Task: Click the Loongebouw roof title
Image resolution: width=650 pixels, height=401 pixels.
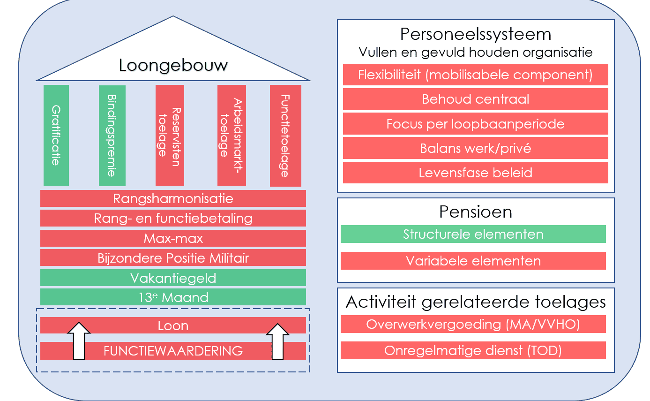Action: (173, 65)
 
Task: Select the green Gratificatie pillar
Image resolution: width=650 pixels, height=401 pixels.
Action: (56, 136)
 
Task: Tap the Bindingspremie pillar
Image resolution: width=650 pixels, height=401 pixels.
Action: (112, 136)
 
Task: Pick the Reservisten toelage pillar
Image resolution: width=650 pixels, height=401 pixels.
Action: (170, 136)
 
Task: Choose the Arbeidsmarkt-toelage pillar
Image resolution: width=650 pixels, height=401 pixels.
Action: (232, 136)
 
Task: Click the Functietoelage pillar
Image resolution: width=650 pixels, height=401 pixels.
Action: (285, 136)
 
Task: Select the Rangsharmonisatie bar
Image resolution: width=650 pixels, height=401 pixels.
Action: (173, 198)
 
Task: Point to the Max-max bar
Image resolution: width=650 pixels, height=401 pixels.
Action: (173, 238)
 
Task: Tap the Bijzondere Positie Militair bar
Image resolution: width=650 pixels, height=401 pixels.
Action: (173, 257)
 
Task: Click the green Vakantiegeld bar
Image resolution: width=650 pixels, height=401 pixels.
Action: (173, 278)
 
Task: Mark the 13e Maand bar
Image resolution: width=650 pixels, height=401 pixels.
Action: (173, 297)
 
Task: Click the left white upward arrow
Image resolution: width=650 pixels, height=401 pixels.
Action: (79, 340)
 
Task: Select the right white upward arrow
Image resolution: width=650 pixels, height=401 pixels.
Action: (278, 341)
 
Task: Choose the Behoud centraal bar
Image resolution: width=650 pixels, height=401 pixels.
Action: (476, 99)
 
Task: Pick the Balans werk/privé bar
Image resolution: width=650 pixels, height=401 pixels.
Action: (476, 148)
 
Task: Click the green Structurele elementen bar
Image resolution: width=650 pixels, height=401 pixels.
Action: (473, 234)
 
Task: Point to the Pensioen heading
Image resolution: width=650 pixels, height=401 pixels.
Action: (476, 212)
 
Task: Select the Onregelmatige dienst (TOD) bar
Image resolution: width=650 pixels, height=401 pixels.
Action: (473, 350)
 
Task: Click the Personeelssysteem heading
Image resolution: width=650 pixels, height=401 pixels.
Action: (476, 34)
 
